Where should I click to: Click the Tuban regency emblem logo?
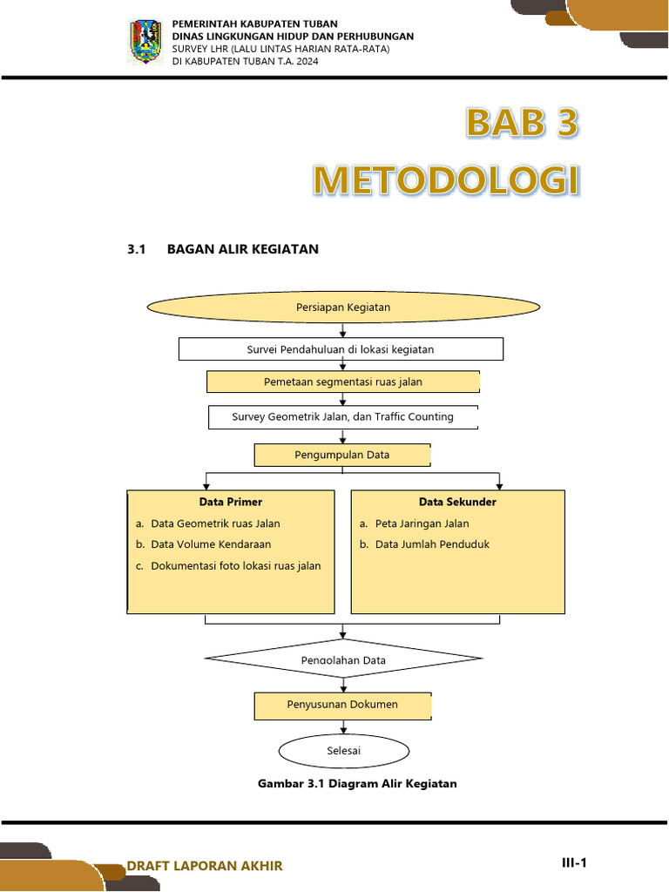point(145,42)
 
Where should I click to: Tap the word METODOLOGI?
point(446,180)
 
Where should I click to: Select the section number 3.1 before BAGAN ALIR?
point(135,249)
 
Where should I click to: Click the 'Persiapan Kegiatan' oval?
point(343,307)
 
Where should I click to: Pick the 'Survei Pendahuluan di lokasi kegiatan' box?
point(341,349)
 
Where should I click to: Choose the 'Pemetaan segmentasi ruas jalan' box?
point(342,382)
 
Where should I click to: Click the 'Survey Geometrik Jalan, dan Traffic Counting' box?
point(342,417)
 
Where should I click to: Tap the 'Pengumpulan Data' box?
point(341,455)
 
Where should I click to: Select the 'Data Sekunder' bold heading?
point(457,503)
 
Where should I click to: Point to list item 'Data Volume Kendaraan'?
point(211,544)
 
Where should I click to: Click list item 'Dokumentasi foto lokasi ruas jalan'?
point(235,566)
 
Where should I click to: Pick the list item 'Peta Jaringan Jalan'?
point(422,524)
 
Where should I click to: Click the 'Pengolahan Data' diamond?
point(343,660)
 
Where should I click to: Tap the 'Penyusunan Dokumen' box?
point(342,705)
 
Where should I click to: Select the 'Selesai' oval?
point(343,750)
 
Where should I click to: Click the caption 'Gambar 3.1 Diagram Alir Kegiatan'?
point(357,784)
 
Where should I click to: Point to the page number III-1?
point(574,863)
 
